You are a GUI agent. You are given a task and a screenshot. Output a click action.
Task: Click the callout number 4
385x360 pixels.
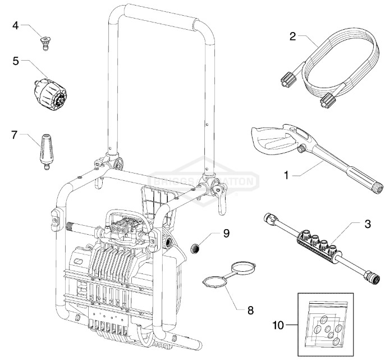tap(16, 25)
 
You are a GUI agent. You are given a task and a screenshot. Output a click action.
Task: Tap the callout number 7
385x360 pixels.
tap(16, 135)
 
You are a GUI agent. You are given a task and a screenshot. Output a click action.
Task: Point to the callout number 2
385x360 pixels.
tap(292, 37)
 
